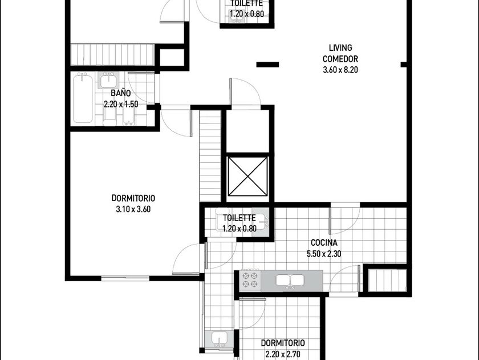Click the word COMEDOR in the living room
click(340, 59)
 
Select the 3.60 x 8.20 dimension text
click(340, 70)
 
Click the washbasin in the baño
click(108, 81)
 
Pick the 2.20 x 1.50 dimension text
click(121, 104)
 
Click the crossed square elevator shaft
click(247, 177)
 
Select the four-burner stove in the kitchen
click(250, 280)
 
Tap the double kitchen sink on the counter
click(290, 281)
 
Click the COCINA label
click(324, 243)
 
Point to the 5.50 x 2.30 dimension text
click(324, 254)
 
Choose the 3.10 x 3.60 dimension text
click(133, 209)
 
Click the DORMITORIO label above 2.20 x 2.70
click(283, 343)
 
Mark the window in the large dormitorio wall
click(125, 278)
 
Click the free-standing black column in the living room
click(267, 65)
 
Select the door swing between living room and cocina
click(344, 221)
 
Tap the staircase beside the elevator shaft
click(210, 156)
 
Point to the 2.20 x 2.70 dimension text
click(283, 354)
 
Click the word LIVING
click(340, 48)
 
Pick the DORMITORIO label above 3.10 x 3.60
click(133, 198)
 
